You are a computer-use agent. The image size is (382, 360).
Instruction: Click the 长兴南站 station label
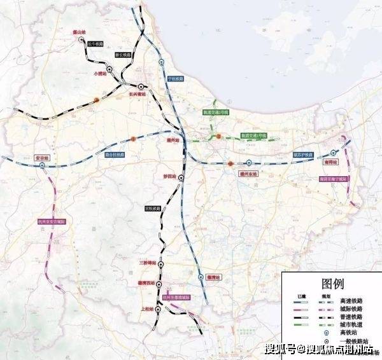138,94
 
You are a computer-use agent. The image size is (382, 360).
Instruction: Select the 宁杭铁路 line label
175,78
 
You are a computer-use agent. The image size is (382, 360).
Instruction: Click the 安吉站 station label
42,156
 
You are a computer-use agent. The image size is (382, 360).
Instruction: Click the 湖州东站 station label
248,172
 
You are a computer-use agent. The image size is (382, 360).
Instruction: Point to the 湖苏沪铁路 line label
303,155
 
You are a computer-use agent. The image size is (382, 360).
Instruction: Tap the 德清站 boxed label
214,277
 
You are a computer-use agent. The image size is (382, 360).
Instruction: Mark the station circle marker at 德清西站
159,285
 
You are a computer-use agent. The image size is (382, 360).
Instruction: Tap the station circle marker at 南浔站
334,153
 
